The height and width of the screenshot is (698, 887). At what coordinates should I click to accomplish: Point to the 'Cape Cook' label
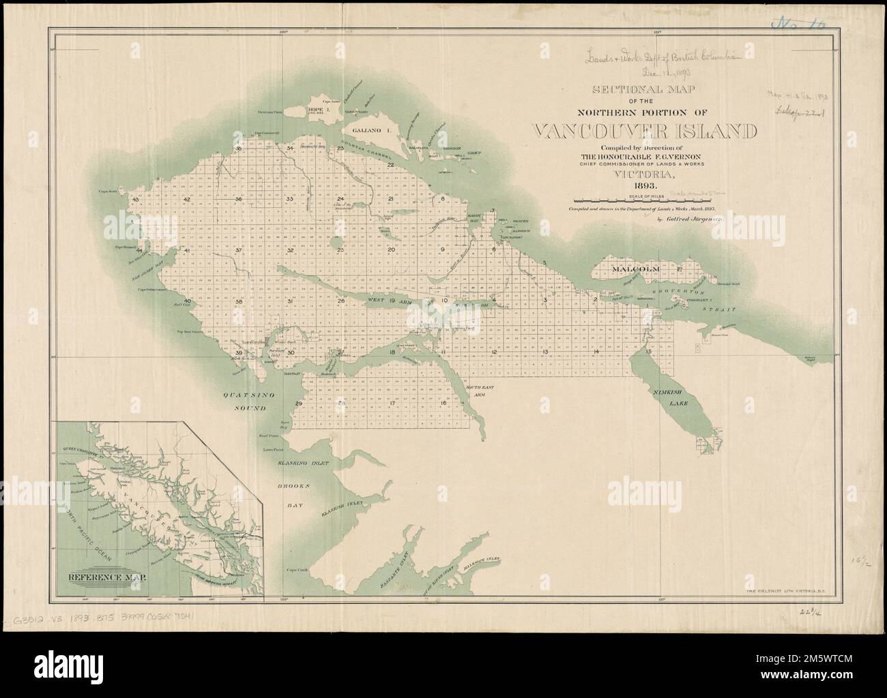[298, 569]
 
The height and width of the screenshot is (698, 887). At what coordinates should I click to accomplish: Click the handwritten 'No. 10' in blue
[797, 24]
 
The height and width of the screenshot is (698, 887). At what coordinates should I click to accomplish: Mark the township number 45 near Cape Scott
[137, 200]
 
